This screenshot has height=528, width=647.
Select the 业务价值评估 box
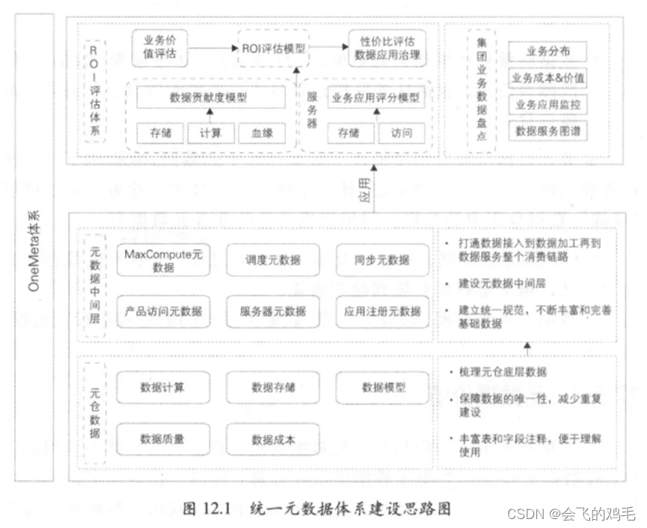click(159, 47)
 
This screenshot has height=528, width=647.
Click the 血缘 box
click(261, 133)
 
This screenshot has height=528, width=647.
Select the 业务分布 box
click(547, 52)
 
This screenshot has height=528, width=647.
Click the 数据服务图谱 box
click(547, 132)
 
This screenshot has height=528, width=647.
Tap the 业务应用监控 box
click(547, 105)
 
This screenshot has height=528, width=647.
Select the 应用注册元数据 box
click(383, 311)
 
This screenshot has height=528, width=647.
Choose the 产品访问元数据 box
click(163, 311)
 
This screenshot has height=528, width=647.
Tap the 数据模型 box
click(383, 387)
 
